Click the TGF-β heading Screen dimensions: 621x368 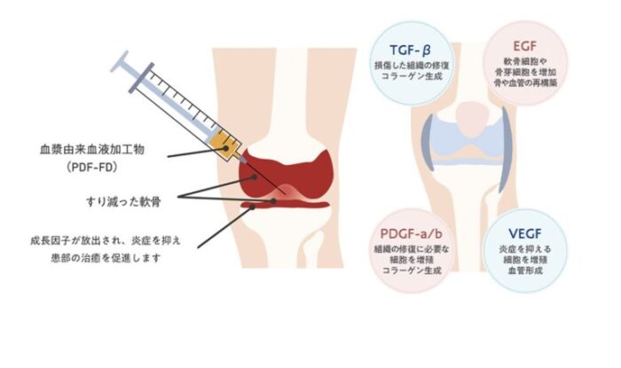(x=410, y=51)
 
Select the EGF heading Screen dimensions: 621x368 (x=525, y=46)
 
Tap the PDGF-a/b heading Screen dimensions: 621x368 (x=411, y=234)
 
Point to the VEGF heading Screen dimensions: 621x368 (x=525, y=234)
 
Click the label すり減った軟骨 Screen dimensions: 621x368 (x=123, y=202)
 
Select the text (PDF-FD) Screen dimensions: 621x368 (x=92, y=168)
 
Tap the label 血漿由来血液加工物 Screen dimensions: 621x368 (x=92, y=150)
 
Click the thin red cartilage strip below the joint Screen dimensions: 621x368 (x=285, y=205)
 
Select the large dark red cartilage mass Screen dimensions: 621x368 (x=285, y=174)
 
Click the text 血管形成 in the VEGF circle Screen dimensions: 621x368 (x=525, y=270)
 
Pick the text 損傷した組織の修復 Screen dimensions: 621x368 (x=412, y=66)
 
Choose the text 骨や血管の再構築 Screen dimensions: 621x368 (x=525, y=82)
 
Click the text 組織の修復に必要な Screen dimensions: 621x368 (x=412, y=249)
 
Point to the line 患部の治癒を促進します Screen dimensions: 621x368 (x=106, y=258)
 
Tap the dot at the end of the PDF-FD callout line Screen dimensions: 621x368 (x=225, y=148)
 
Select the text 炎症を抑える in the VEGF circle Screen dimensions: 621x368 (x=525, y=249)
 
